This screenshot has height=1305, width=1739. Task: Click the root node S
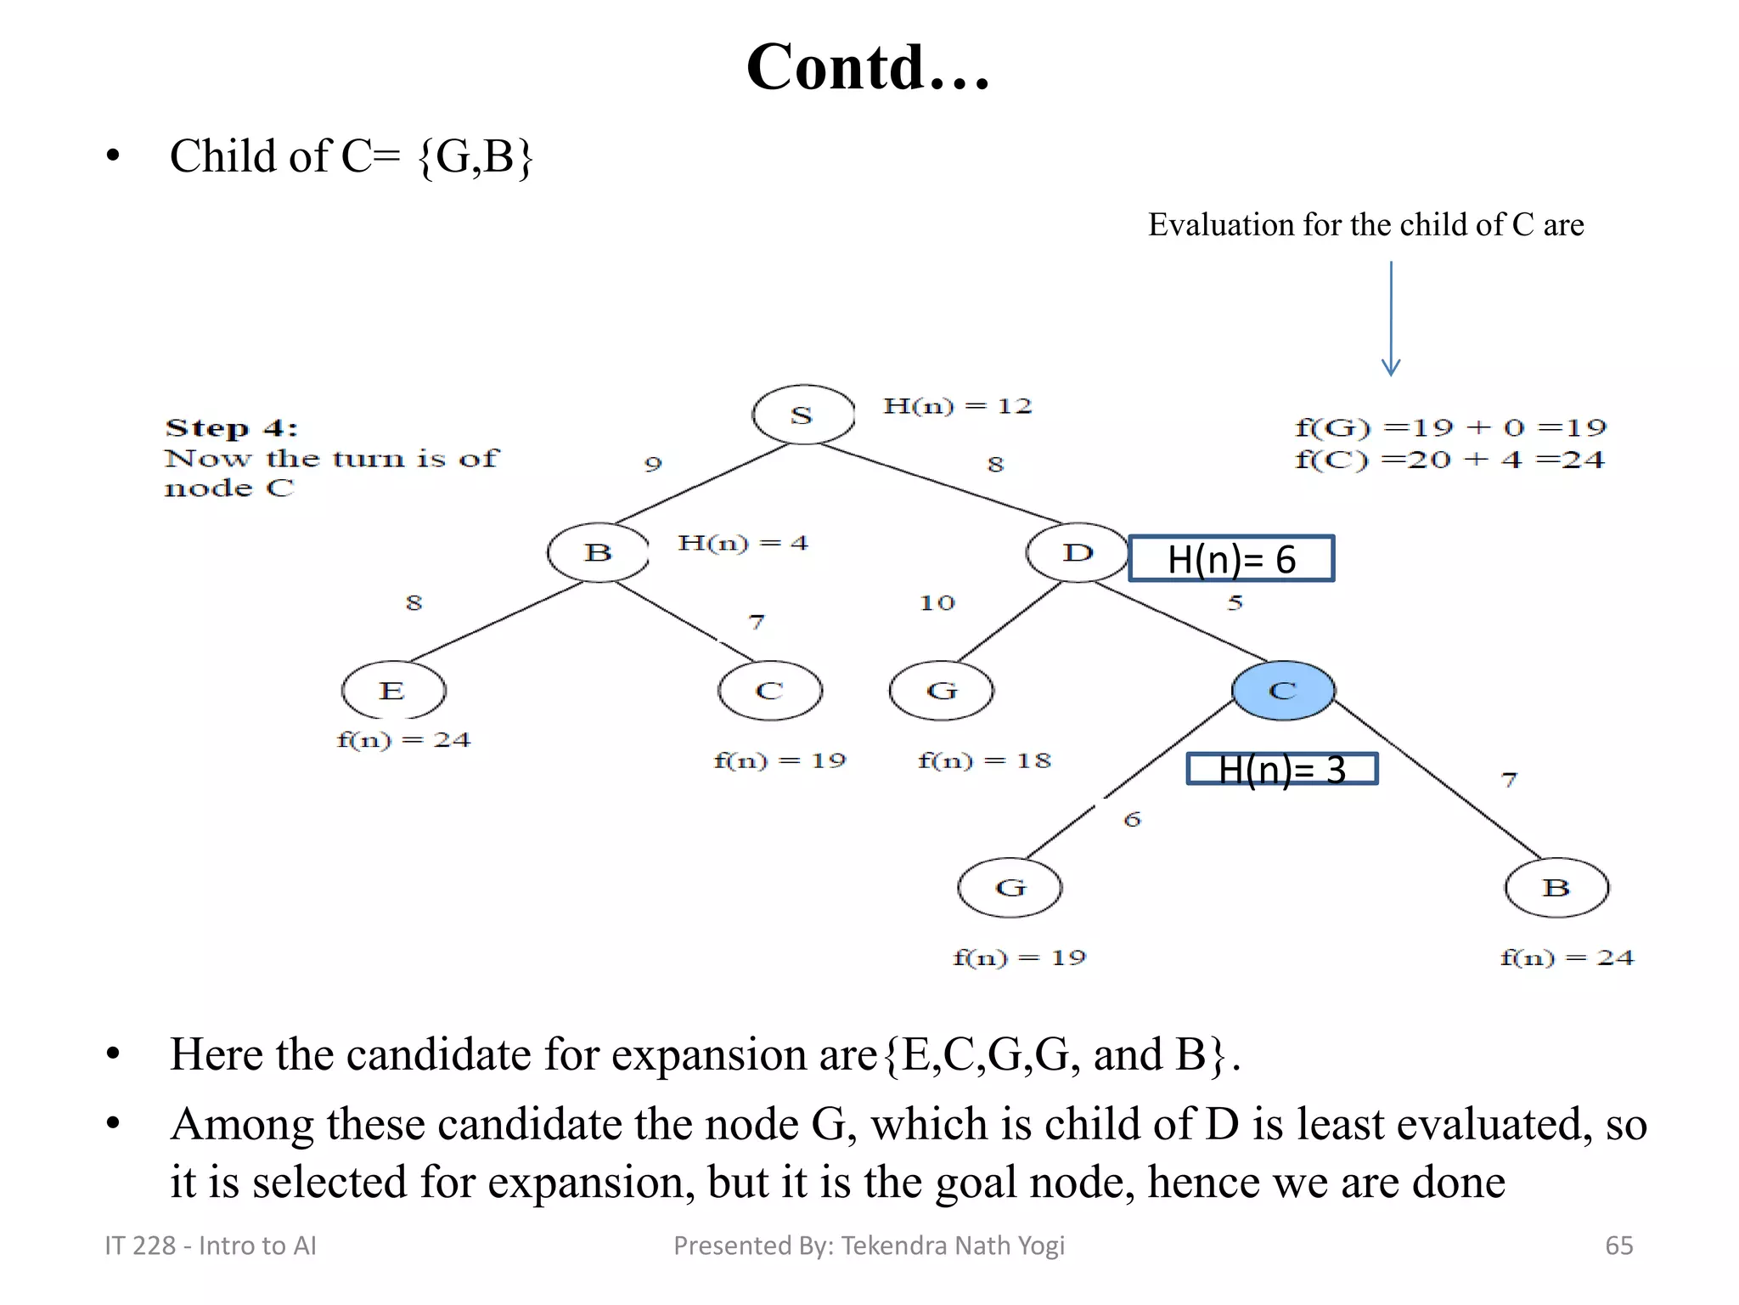pyautogui.click(x=803, y=415)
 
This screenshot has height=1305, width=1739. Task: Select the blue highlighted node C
pyautogui.click(x=1283, y=691)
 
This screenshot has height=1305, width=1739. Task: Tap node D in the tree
pyautogui.click(x=1077, y=552)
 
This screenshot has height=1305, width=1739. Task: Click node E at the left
pyautogui.click(x=393, y=691)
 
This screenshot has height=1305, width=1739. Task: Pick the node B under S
pyautogui.click(x=599, y=552)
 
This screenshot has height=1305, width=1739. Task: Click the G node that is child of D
pyautogui.click(x=941, y=691)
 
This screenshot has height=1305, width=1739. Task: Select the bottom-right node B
pyautogui.click(x=1556, y=888)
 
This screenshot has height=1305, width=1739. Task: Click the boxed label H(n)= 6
pyautogui.click(x=1231, y=559)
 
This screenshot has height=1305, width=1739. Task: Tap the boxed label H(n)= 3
pyautogui.click(x=1281, y=770)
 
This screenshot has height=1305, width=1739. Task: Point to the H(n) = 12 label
pyautogui.click(x=957, y=406)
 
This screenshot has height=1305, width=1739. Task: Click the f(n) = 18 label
pyautogui.click(x=984, y=760)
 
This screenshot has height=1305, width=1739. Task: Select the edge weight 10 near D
pyautogui.click(x=937, y=603)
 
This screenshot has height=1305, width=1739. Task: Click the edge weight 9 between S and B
pyautogui.click(x=652, y=464)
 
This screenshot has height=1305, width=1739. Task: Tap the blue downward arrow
pyautogui.click(x=1390, y=319)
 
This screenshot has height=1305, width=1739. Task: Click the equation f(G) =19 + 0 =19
pyautogui.click(x=1450, y=427)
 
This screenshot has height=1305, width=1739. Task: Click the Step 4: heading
pyautogui.click(x=231, y=428)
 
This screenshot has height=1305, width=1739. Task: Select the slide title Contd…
pyautogui.click(x=868, y=67)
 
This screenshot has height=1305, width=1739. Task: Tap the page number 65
pyautogui.click(x=1618, y=1246)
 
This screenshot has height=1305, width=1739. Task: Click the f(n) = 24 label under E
pyautogui.click(x=403, y=740)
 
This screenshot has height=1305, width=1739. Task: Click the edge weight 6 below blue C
pyautogui.click(x=1132, y=820)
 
